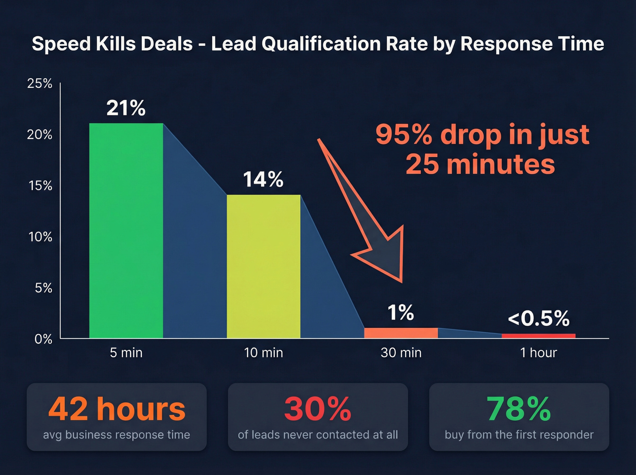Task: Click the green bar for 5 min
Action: click(126, 230)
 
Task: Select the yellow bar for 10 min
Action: click(263, 266)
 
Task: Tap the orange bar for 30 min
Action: click(401, 333)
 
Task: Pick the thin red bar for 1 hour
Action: click(538, 336)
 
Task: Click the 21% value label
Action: click(126, 108)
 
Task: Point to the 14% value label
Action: click(263, 180)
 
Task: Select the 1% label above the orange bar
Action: click(400, 313)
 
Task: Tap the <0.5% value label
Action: click(538, 318)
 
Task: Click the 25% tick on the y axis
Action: click(40, 84)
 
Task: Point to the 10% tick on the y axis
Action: click(40, 237)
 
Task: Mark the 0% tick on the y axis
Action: click(43, 339)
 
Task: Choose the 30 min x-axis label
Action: click(401, 353)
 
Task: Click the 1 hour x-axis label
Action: click(538, 353)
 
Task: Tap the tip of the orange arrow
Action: click(401, 281)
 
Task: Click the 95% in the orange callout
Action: click(403, 135)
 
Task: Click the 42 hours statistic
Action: click(117, 409)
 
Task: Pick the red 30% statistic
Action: click(318, 409)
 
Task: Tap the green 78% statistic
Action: click(519, 409)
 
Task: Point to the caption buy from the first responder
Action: click(519, 435)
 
